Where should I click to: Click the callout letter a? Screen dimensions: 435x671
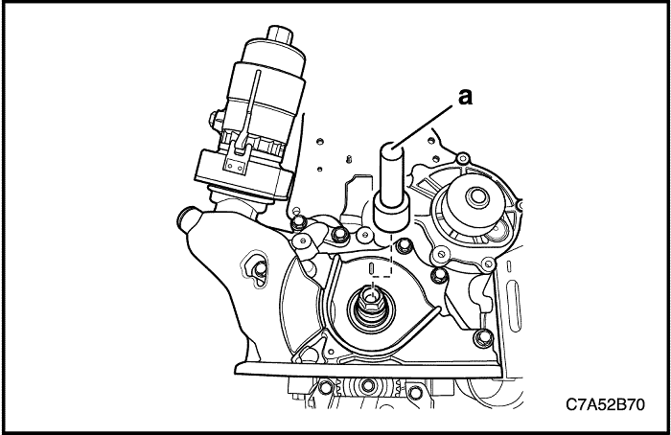click(x=467, y=95)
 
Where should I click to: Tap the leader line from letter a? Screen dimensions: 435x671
click(x=430, y=121)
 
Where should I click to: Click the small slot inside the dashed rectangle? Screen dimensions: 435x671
click(x=380, y=263)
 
